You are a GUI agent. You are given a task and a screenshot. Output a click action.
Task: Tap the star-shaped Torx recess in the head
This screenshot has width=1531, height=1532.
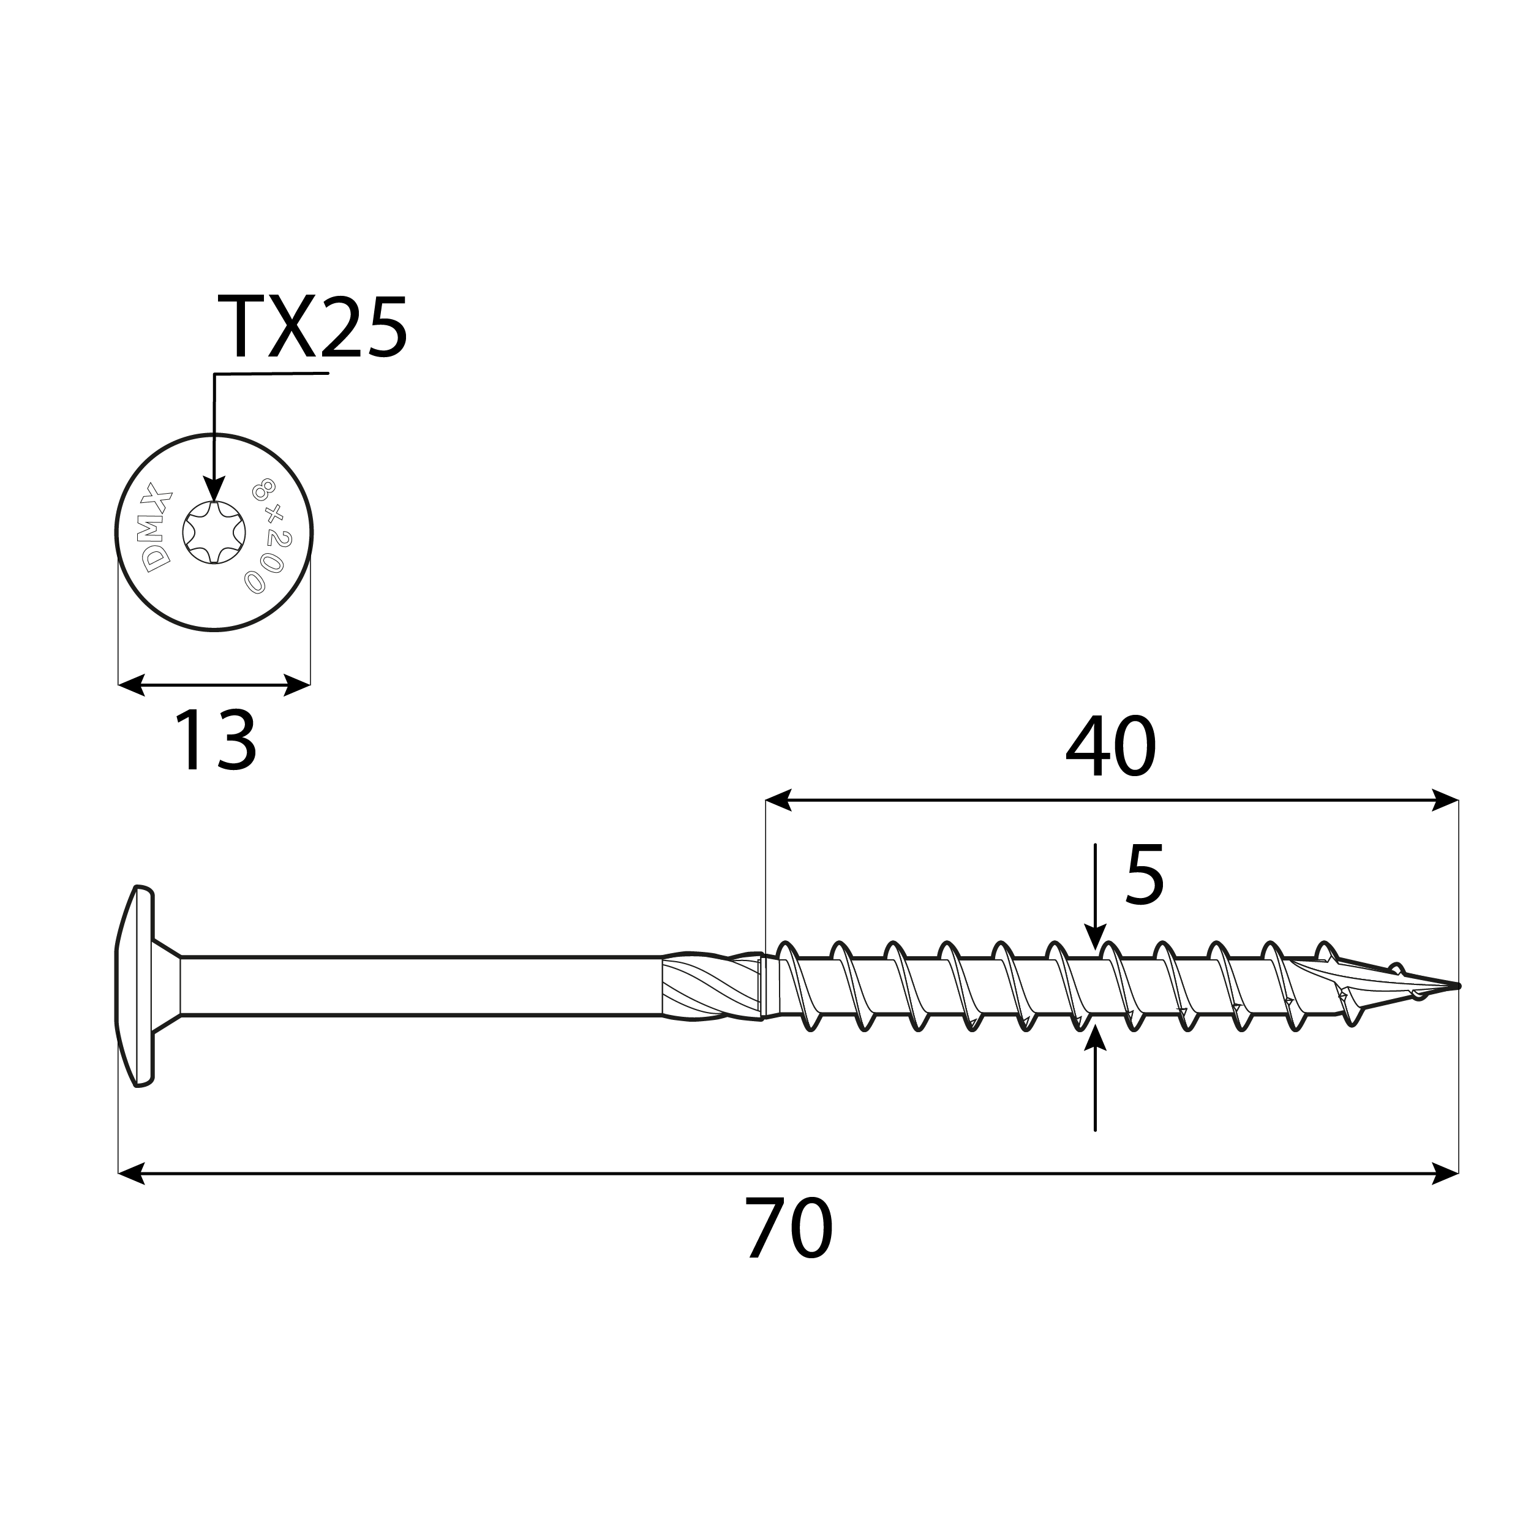point(214,532)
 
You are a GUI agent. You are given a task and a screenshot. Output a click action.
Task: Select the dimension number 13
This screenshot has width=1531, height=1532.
point(214,741)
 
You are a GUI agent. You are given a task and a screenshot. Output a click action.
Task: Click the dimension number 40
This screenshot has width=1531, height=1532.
point(1110,748)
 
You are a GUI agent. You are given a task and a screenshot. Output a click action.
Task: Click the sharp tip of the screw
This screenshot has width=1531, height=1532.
point(1456,986)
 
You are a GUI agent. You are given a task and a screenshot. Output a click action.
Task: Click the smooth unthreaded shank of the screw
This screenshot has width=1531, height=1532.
point(420,986)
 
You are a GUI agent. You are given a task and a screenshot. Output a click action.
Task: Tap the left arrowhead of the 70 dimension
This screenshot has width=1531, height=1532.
point(132,1174)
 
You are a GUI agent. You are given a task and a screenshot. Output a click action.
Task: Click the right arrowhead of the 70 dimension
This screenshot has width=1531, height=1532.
point(1445,1174)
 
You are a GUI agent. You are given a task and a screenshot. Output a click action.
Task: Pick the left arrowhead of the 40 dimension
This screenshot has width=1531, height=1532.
point(778,800)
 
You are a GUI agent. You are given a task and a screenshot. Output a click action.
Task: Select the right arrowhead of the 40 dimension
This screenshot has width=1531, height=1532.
point(1445,800)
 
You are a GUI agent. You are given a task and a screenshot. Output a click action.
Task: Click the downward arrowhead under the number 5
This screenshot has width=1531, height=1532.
point(1095,937)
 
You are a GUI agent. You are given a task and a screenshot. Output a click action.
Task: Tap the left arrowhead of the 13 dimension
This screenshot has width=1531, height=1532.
point(132,685)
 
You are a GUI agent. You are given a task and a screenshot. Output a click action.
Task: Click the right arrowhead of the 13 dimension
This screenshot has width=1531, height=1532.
point(296,685)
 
